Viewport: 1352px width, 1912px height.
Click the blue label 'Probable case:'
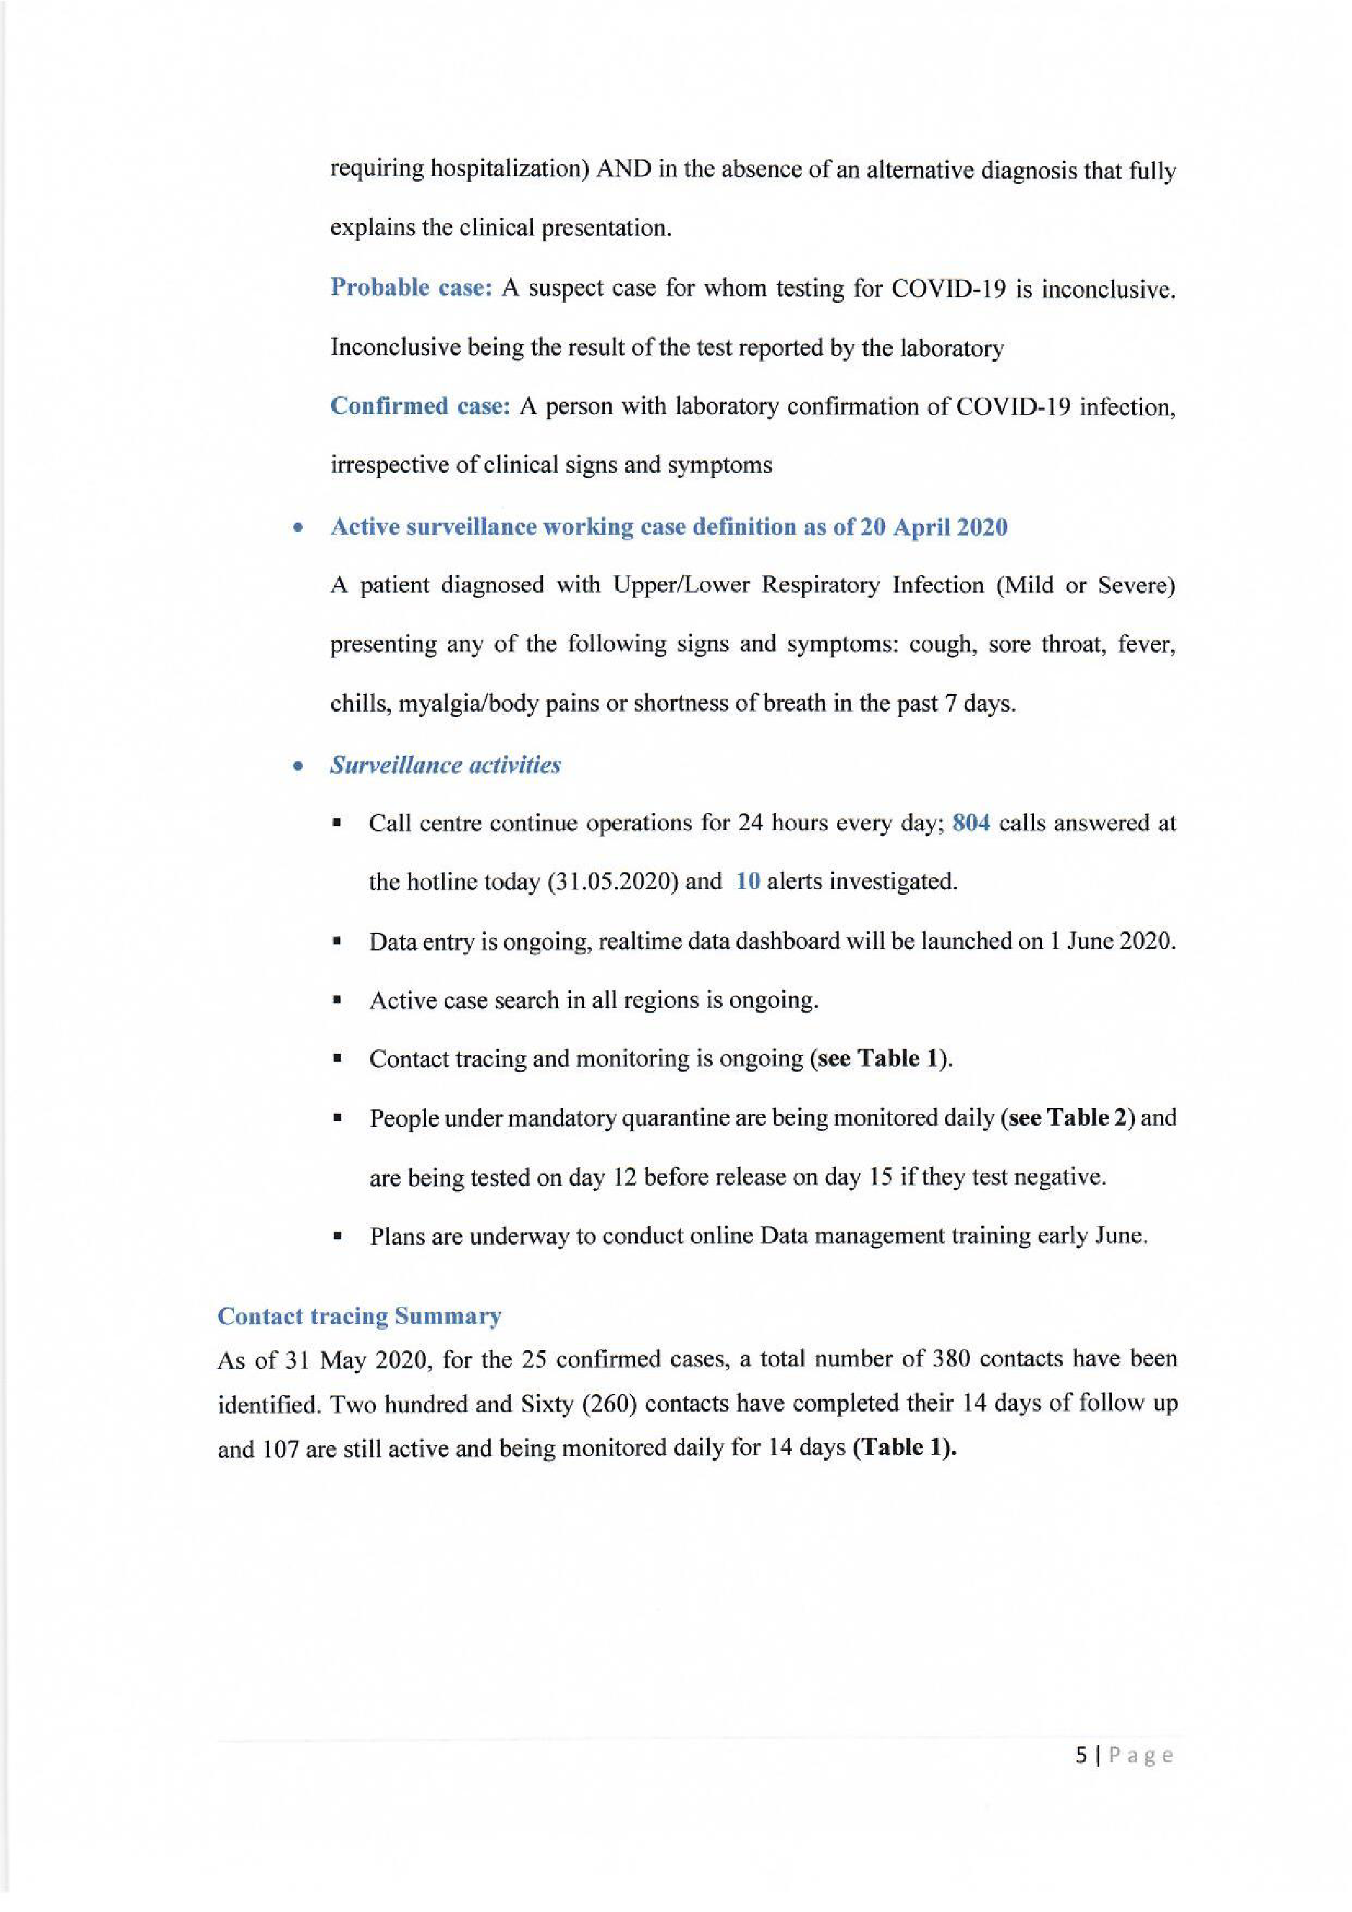tap(412, 287)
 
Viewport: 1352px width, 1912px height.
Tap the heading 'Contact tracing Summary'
tap(359, 1317)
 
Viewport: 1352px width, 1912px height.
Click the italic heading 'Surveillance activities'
tap(445, 765)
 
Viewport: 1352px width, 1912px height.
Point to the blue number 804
tap(971, 824)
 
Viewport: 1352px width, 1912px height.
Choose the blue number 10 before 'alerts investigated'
tap(748, 882)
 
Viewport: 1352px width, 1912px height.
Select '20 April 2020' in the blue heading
tap(933, 527)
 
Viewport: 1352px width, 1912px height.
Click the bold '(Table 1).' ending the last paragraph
tap(905, 1449)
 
